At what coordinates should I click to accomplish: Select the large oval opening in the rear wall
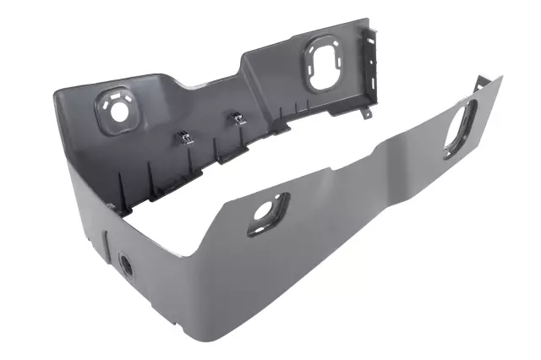point(322,63)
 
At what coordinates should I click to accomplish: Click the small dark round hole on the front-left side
point(127,265)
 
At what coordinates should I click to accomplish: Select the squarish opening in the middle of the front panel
point(267,213)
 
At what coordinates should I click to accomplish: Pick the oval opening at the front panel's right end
point(461,128)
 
